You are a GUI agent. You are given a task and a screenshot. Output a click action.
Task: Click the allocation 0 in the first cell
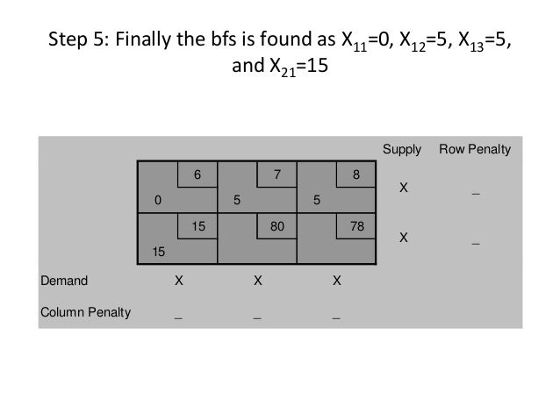158,200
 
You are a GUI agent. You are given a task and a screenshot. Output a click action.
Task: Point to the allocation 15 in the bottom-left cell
159,253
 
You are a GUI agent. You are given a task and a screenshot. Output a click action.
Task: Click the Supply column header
403,149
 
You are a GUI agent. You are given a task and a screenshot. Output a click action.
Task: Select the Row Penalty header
475,149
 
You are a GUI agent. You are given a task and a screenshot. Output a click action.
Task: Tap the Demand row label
63,282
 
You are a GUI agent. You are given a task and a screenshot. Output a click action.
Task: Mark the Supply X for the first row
403,188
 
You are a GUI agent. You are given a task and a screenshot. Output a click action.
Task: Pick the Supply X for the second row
403,237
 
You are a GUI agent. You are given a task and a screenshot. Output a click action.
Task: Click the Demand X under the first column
178,282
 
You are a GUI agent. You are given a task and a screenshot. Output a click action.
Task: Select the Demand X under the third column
336,282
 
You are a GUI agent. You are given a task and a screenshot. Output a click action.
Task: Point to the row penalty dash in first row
475,191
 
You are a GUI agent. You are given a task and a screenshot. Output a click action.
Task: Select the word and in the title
246,67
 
